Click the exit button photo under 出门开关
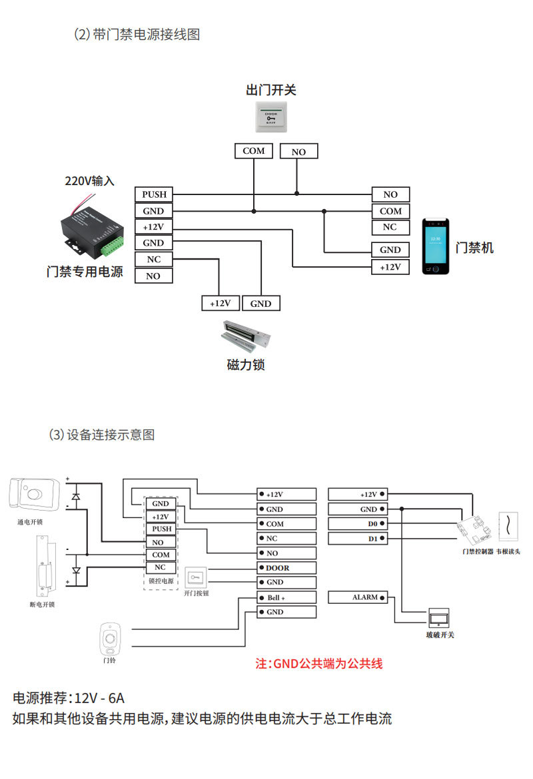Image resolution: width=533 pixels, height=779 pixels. tap(270, 116)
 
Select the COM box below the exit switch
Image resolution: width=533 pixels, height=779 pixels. tap(254, 151)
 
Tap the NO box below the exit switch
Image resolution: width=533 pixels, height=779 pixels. tap(299, 152)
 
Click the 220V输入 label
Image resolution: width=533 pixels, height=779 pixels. tap(90, 181)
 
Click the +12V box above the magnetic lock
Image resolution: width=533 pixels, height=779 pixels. tap(221, 303)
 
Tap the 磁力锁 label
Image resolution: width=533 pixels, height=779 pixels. tap(246, 365)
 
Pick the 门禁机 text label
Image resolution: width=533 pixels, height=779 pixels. tap(474, 248)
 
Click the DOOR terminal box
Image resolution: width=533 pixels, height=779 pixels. tap(286, 568)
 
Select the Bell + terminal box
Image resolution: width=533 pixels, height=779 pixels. tap(286, 597)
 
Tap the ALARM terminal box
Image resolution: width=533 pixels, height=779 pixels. tap(358, 597)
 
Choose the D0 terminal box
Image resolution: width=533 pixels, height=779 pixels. tap(358, 523)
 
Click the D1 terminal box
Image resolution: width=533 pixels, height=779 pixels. tap(358, 538)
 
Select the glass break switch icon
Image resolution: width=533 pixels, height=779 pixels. tap(440, 617)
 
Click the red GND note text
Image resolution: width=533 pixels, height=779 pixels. tap(319, 664)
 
